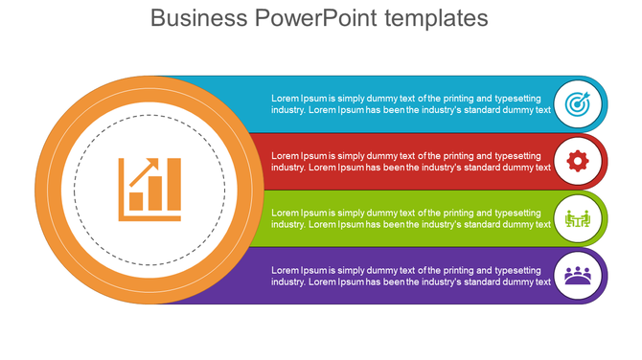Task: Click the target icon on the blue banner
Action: click(x=577, y=103)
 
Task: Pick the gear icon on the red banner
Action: click(x=577, y=161)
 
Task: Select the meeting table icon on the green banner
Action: click(x=577, y=218)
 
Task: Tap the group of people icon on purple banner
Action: click(x=577, y=276)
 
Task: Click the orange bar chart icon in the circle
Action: click(x=149, y=189)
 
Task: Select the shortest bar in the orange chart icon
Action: click(x=137, y=201)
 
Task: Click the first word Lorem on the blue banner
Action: click(x=285, y=98)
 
